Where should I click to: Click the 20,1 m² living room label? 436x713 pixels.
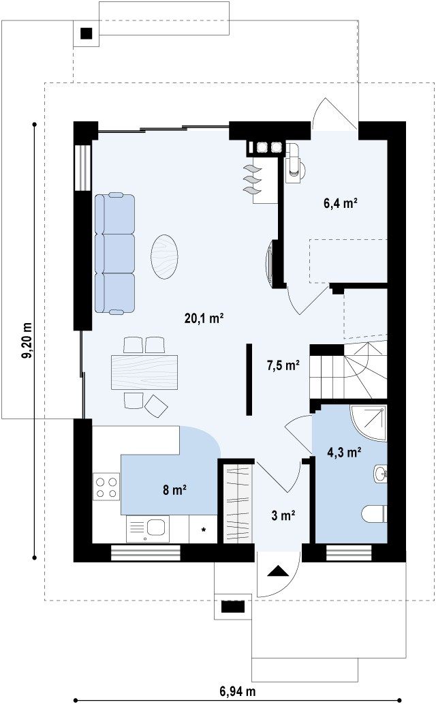(204, 318)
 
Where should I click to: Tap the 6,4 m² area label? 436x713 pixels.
(340, 203)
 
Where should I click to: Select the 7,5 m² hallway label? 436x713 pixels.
(283, 365)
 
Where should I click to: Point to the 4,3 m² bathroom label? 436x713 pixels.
(344, 452)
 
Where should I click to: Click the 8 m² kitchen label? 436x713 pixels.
(174, 489)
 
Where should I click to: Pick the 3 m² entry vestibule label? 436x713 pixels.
(283, 515)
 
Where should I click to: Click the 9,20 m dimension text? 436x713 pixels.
(28, 340)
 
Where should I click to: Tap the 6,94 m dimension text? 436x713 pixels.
(238, 692)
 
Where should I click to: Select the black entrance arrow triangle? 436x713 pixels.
(278, 572)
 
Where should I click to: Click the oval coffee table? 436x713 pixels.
(164, 256)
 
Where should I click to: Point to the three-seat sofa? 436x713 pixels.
(115, 253)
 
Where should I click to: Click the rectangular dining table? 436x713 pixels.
(144, 372)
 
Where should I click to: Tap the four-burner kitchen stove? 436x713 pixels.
(106, 487)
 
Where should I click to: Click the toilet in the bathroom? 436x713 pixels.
(374, 514)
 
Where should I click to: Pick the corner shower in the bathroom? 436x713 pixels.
(369, 423)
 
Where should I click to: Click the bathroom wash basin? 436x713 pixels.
(381, 473)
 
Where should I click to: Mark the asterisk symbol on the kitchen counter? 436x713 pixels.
(204, 529)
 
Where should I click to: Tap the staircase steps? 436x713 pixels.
(348, 371)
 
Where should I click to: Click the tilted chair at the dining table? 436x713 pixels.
(156, 406)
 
